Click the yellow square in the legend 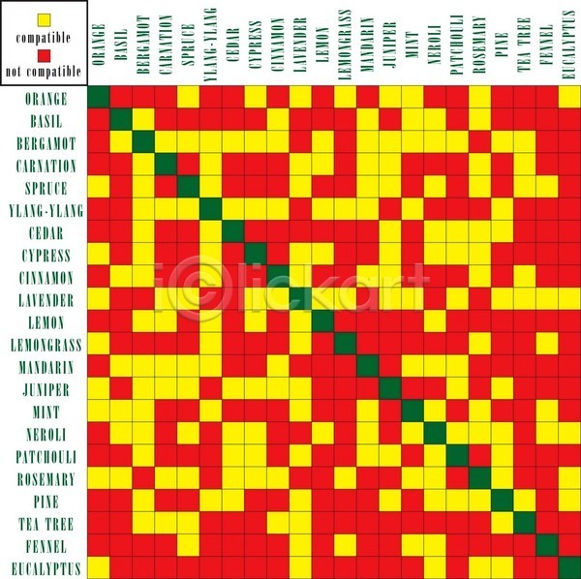[44, 18]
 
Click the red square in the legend [44, 54]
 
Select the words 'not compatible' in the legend [44, 71]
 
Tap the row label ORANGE [46, 99]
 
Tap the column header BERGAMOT [143, 43]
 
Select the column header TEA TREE [524, 45]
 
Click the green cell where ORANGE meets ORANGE [99, 99]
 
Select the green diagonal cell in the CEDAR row [233, 232]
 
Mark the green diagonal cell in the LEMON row [322, 321]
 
